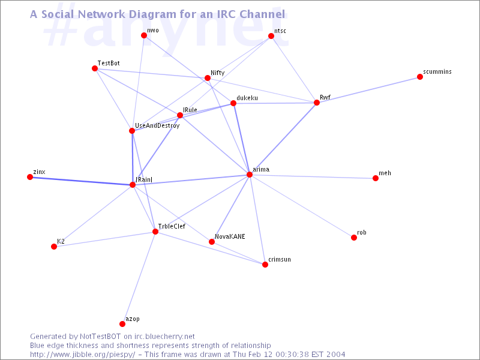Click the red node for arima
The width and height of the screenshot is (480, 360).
click(x=250, y=175)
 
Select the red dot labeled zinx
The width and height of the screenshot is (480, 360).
click(x=30, y=177)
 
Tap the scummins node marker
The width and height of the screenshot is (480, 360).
click(x=420, y=77)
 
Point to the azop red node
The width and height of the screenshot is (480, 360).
click(x=122, y=324)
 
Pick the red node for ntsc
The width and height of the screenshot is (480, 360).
click(x=271, y=36)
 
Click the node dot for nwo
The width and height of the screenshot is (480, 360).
click(x=144, y=35)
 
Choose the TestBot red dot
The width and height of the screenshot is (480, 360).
click(x=95, y=68)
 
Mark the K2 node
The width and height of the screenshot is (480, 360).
click(x=54, y=247)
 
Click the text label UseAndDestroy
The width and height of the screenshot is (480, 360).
click(x=157, y=125)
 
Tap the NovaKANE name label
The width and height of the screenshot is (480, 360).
click(x=230, y=236)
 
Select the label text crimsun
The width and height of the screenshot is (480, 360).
click(x=280, y=259)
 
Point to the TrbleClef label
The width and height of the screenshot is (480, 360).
click(x=172, y=226)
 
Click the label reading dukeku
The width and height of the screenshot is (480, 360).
click(x=247, y=98)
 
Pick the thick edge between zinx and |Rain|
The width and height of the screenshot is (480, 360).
click(x=81, y=181)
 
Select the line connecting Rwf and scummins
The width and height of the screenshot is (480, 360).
click(x=368, y=89)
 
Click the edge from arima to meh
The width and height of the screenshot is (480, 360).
click(x=313, y=176)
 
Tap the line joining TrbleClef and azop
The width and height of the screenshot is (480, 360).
click(x=139, y=278)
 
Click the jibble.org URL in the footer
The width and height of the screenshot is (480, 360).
click(x=82, y=355)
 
